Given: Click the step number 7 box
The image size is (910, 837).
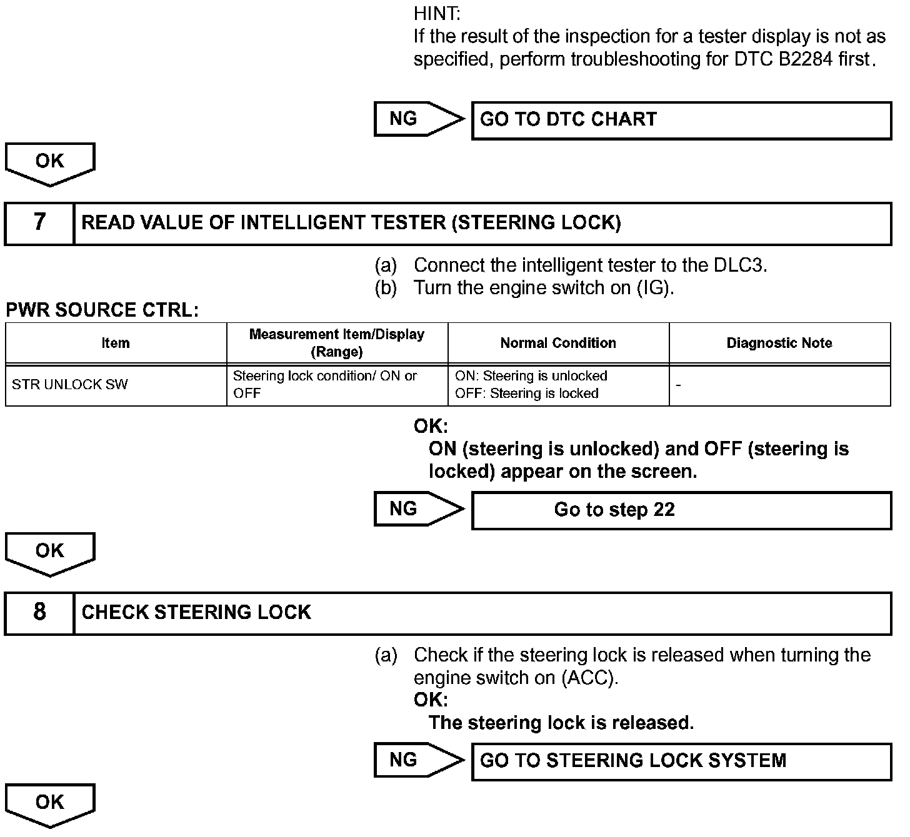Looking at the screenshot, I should pyautogui.click(x=39, y=223).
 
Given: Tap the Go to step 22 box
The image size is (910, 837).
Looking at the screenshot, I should pyautogui.click(x=681, y=510).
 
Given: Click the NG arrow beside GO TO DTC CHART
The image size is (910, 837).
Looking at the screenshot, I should pyautogui.click(x=417, y=119).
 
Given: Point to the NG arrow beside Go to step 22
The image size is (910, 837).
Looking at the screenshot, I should pyautogui.click(x=417, y=509).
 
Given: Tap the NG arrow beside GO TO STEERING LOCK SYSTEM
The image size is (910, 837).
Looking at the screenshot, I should pyautogui.click(x=417, y=760).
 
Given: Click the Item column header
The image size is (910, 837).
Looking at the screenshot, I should pyautogui.click(x=116, y=343).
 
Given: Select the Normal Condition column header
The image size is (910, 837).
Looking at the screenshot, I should pyautogui.click(x=558, y=343).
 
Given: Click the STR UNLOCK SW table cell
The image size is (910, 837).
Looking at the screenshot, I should pyautogui.click(x=70, y=385).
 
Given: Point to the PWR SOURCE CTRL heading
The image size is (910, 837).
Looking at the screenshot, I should pyautogui.click(x=102, y=310).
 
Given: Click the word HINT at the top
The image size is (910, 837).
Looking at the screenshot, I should pyautogui.click(x=437, y=13).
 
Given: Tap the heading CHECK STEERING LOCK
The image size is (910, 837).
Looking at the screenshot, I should pyautogui.click(x=196, y=613).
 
